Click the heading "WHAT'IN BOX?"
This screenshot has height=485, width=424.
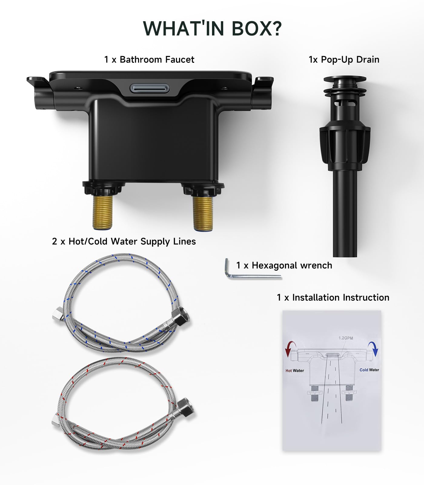(x=212, y=28)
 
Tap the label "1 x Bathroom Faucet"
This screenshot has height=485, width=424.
(x=149, y=59)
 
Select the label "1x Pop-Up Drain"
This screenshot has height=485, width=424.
(x=344, y=59)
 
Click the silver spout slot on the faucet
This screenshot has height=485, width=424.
(x=150, y=89)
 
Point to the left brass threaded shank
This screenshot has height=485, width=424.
(x=102, y=212)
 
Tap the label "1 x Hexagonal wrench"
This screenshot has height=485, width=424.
(x=284, y=266)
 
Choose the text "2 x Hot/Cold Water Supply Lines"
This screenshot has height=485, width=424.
(x=124, y=241)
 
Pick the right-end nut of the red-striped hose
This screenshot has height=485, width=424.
(x=185, y=408)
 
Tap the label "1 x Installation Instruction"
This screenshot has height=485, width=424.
(x=333, y=297)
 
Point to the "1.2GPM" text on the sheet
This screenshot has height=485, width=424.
(x=346, y=338)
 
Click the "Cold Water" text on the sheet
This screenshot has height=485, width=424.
(x=369, y=370)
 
